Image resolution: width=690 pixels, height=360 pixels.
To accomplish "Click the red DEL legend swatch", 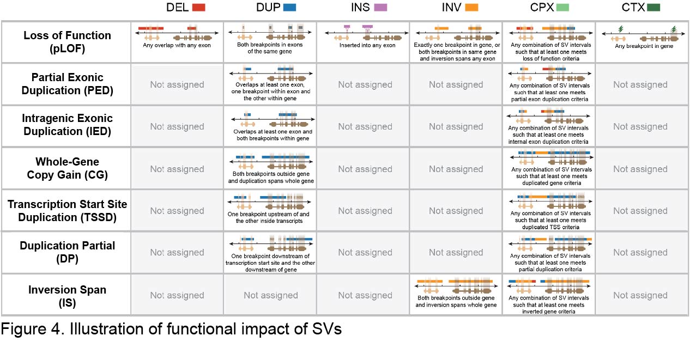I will [x=198, y=8].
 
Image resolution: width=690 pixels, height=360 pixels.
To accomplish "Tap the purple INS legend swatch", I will [x=380, y=8].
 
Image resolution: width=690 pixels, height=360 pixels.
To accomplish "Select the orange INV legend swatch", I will [x=471, y=8].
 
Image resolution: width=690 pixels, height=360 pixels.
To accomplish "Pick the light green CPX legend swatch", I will [x=562, y=8].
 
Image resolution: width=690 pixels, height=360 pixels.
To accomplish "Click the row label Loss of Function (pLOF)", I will [x=67, y=42].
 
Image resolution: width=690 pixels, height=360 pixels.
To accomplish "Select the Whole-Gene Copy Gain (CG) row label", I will [x=67, y=168].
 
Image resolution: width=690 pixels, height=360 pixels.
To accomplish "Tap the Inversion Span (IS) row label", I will [x=67, y=295].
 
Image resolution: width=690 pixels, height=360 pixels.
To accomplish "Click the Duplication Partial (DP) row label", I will [x=67, y=252].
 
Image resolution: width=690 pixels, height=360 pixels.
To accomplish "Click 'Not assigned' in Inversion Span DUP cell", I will [x=271, y=295].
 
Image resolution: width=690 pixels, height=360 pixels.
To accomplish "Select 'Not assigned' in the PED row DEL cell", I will [x=177, y=84].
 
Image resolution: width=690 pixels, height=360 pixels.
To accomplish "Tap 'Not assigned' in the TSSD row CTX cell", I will [x=640, y=211].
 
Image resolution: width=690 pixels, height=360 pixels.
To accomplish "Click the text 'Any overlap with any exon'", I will [x=177, y=45].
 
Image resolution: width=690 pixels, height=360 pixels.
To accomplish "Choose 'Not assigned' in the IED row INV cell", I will [x=456, y=126].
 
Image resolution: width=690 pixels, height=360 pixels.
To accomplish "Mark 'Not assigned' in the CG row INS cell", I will [x=365, y=169].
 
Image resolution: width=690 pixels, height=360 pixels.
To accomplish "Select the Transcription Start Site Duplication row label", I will [x=67, y=211].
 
